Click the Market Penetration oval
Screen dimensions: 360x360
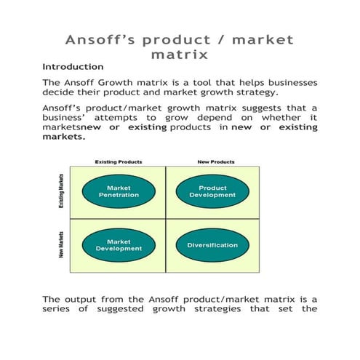[119, 191]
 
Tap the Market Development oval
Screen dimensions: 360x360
[119, 244]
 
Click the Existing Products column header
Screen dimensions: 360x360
[119, 161]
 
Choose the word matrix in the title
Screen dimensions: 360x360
[179, 55]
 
